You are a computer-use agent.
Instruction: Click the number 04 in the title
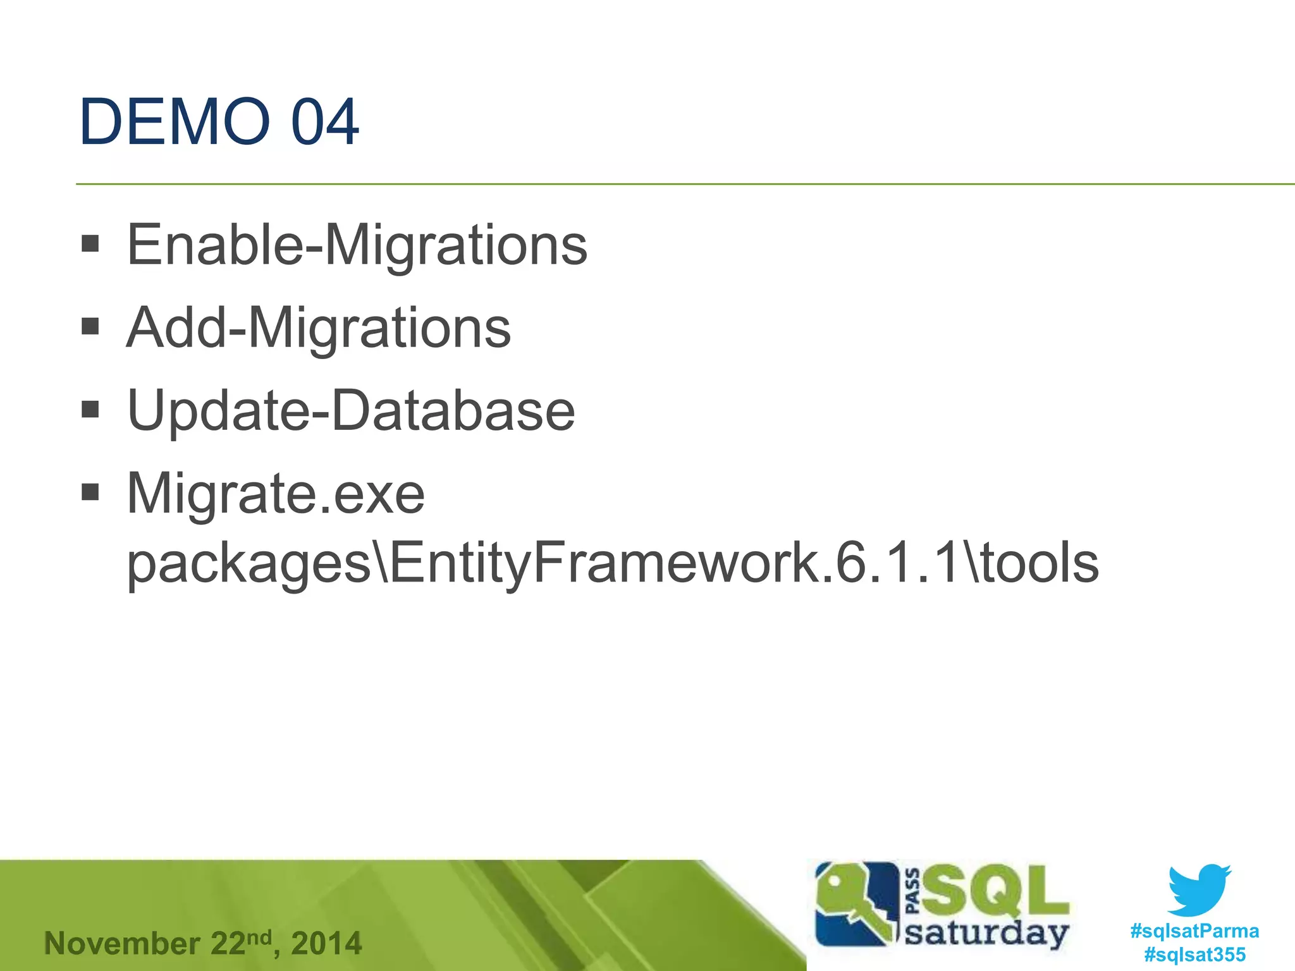pos(325,121)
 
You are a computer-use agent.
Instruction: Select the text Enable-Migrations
pos(357,245)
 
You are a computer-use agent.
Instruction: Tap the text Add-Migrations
pos(319,328)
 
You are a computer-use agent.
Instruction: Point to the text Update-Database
pos(351,411)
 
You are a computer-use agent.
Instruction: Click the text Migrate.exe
pos(276,494)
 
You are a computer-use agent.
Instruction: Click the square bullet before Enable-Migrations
pos(90,243)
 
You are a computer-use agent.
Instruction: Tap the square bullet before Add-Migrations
pos(90,326)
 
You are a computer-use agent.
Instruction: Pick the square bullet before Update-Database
pos(90,409)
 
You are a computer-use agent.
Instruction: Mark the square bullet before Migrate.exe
pos(90,491)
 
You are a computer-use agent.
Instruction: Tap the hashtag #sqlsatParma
pos(1194,931)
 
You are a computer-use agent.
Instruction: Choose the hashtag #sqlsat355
pos(1194,954)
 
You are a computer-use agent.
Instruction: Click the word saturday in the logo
pos(986,933)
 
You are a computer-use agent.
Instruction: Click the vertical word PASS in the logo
pos(913,891)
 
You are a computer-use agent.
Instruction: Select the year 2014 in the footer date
pos(326,943)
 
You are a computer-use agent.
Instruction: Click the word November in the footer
pos(122,943)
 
